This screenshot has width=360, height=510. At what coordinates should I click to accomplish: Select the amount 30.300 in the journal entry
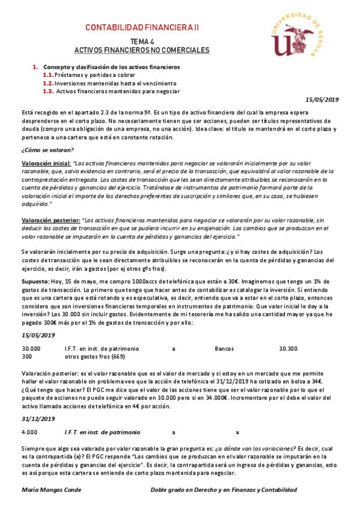[x=288, y=348]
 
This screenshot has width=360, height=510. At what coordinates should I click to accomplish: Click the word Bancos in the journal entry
[x=225, y=348]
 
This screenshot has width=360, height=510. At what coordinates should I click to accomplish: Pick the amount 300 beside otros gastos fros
[x=27, y=356]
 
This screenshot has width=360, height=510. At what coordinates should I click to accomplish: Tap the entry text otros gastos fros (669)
[x=94, y=356]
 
